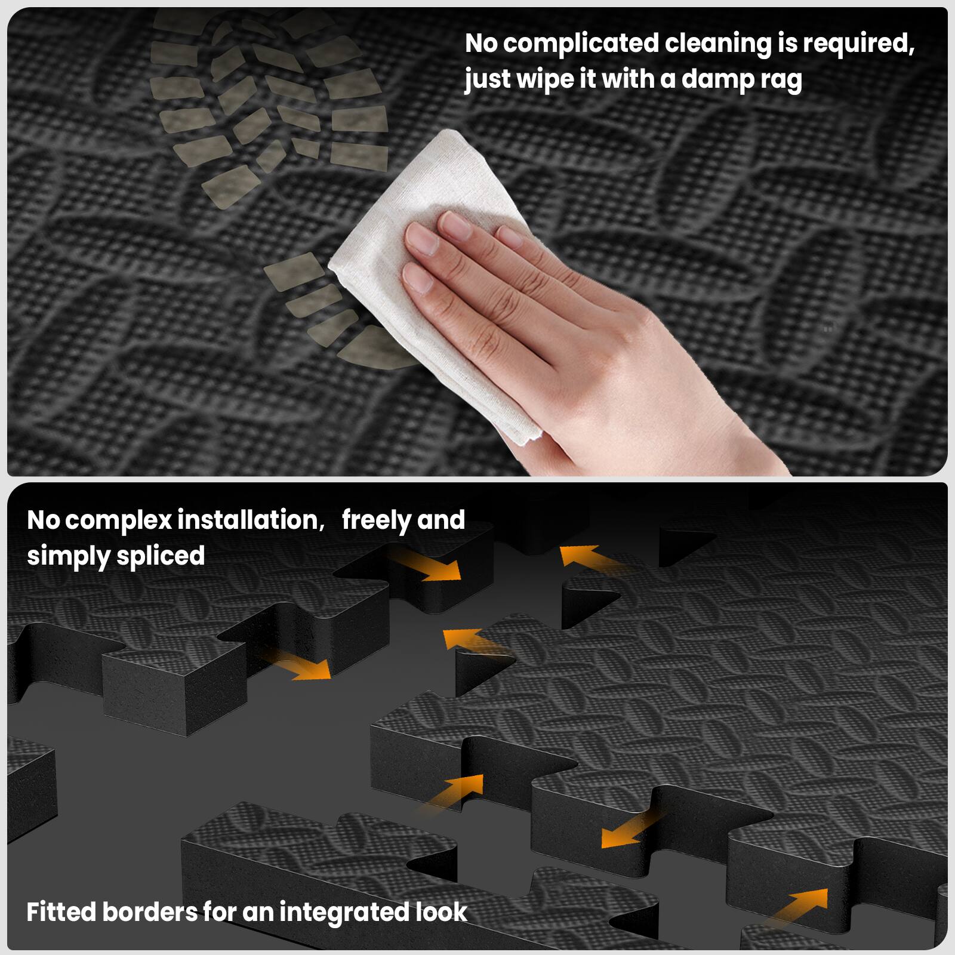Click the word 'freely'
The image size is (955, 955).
[376, 520]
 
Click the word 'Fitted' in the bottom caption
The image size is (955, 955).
[61, 912]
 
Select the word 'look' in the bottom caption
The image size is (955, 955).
[441, 912]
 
